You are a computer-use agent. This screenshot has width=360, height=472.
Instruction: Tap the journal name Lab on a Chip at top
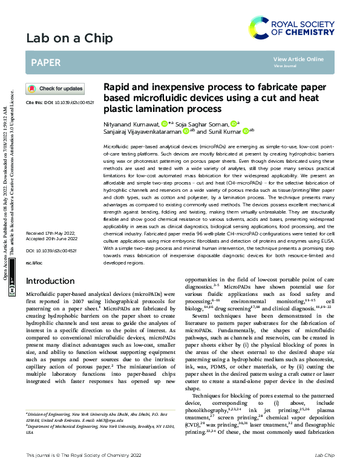69,39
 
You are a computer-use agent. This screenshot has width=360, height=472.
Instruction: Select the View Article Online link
298,59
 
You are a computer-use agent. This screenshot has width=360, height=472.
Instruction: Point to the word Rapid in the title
118,87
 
